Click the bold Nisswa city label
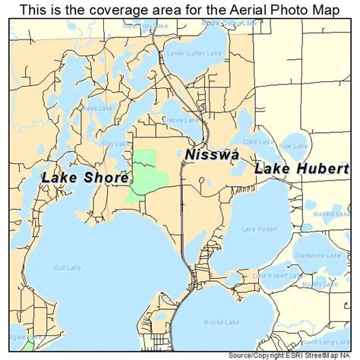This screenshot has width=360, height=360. [x=212, y=155]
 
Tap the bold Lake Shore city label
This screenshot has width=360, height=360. [x=84, y=177]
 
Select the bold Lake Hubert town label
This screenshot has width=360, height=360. [x=302, y=169]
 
